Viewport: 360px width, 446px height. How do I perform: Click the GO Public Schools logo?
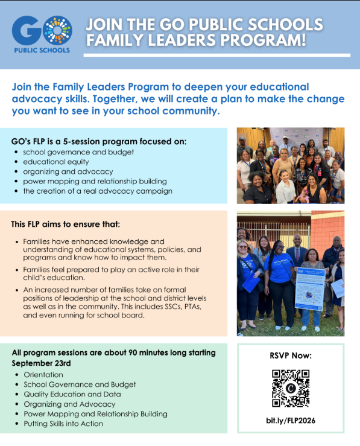click(42, 34)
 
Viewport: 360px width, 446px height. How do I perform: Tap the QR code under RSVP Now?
click(291, 388)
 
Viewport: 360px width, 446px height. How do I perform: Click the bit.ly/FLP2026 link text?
click(291, 421)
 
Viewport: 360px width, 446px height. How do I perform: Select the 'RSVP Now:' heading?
click(291, 355)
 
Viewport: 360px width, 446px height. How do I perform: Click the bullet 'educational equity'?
click(56, 162)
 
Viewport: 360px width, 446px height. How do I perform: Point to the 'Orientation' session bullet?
click(43, 375)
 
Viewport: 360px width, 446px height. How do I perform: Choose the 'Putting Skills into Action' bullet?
click(63, 424)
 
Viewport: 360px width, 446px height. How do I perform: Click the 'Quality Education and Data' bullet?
click(72, 394)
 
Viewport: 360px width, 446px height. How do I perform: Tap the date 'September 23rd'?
click(41, 363)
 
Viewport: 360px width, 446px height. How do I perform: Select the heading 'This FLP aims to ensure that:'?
click(66, 224)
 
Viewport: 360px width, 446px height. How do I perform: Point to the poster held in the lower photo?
click(310, 288)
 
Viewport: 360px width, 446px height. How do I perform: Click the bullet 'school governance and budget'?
click(78, 152)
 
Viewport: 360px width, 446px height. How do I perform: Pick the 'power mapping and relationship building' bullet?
click(95, 181)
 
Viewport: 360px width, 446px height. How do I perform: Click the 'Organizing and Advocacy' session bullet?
click(69, 404)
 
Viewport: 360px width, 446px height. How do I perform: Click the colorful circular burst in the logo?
click(58, 30)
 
